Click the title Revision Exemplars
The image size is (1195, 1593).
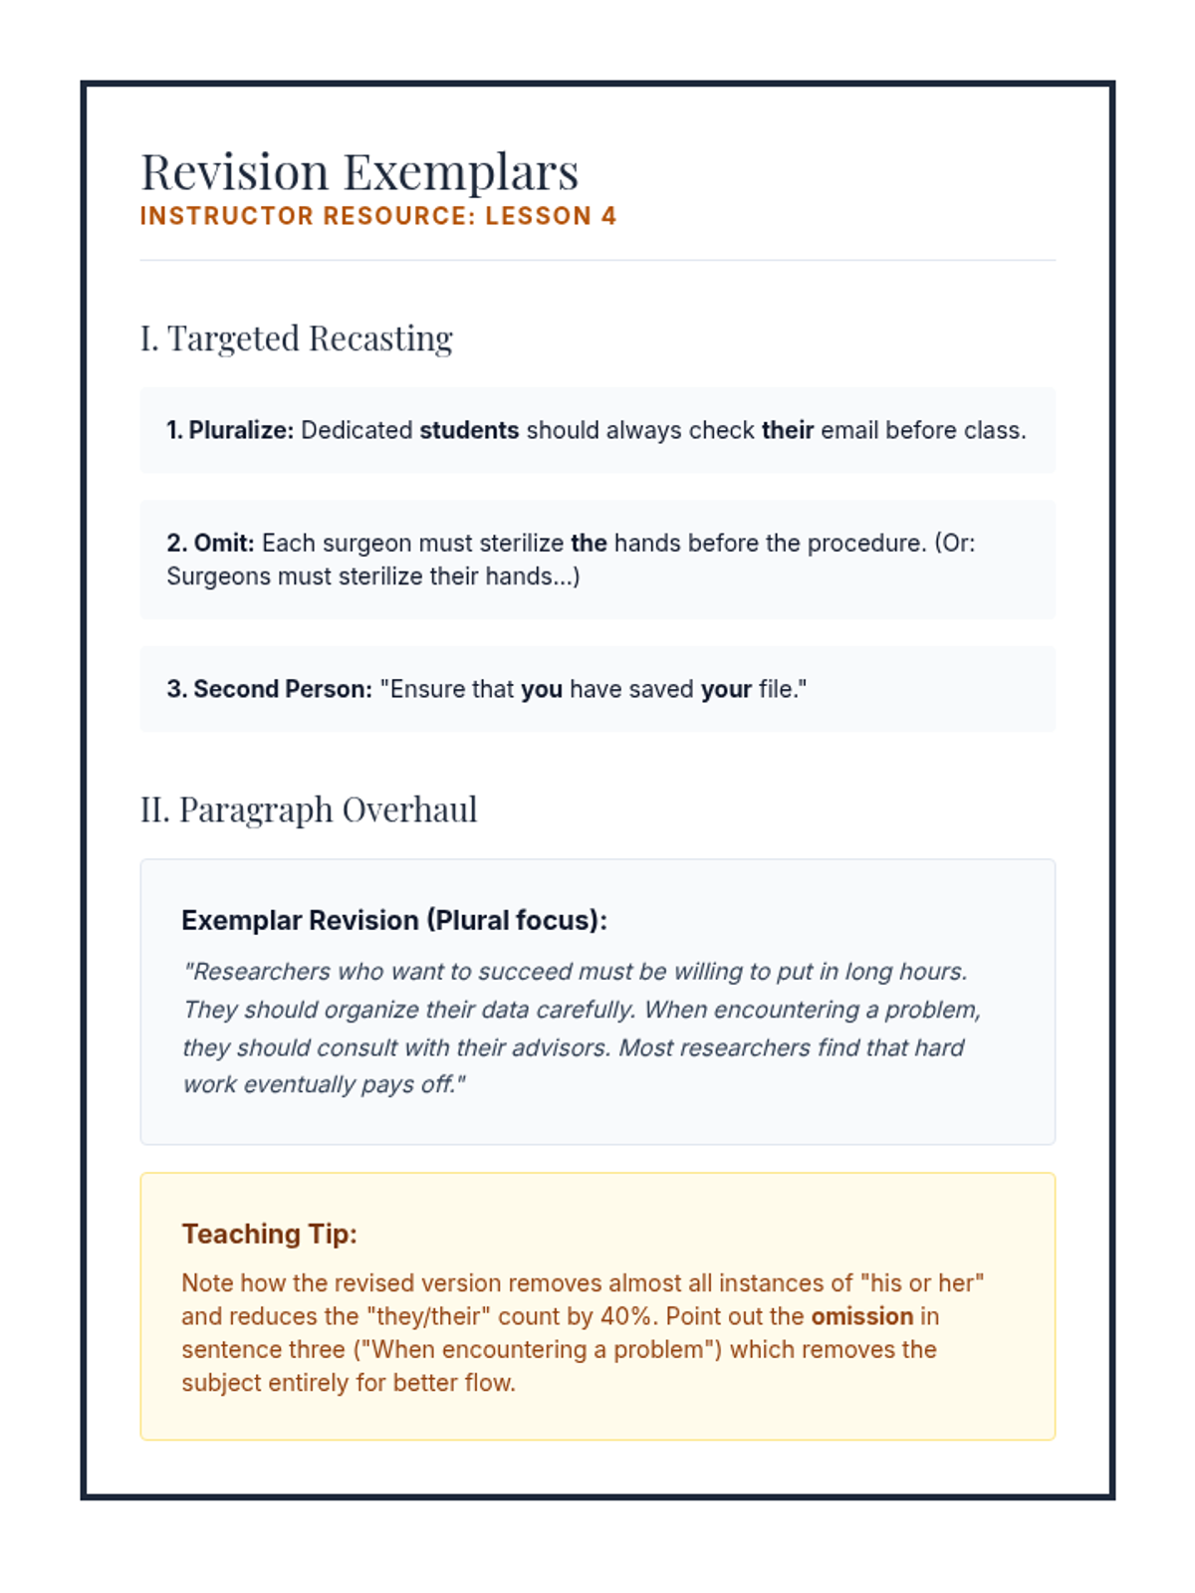358,171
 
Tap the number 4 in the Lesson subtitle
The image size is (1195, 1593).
608,216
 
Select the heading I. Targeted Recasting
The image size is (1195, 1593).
296,339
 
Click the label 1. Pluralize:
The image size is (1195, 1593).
230,430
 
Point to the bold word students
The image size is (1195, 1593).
469,430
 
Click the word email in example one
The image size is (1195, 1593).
849,430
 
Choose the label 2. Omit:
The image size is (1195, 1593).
210,543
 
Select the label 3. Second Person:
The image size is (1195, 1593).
269,689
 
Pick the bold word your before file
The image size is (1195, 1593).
726,689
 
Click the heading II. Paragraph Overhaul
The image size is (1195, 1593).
309,809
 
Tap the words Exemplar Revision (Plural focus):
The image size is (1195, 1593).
393,920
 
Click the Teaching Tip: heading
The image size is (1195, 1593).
269,1235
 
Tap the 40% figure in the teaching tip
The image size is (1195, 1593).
628,1316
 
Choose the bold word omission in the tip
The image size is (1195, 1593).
861,1316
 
